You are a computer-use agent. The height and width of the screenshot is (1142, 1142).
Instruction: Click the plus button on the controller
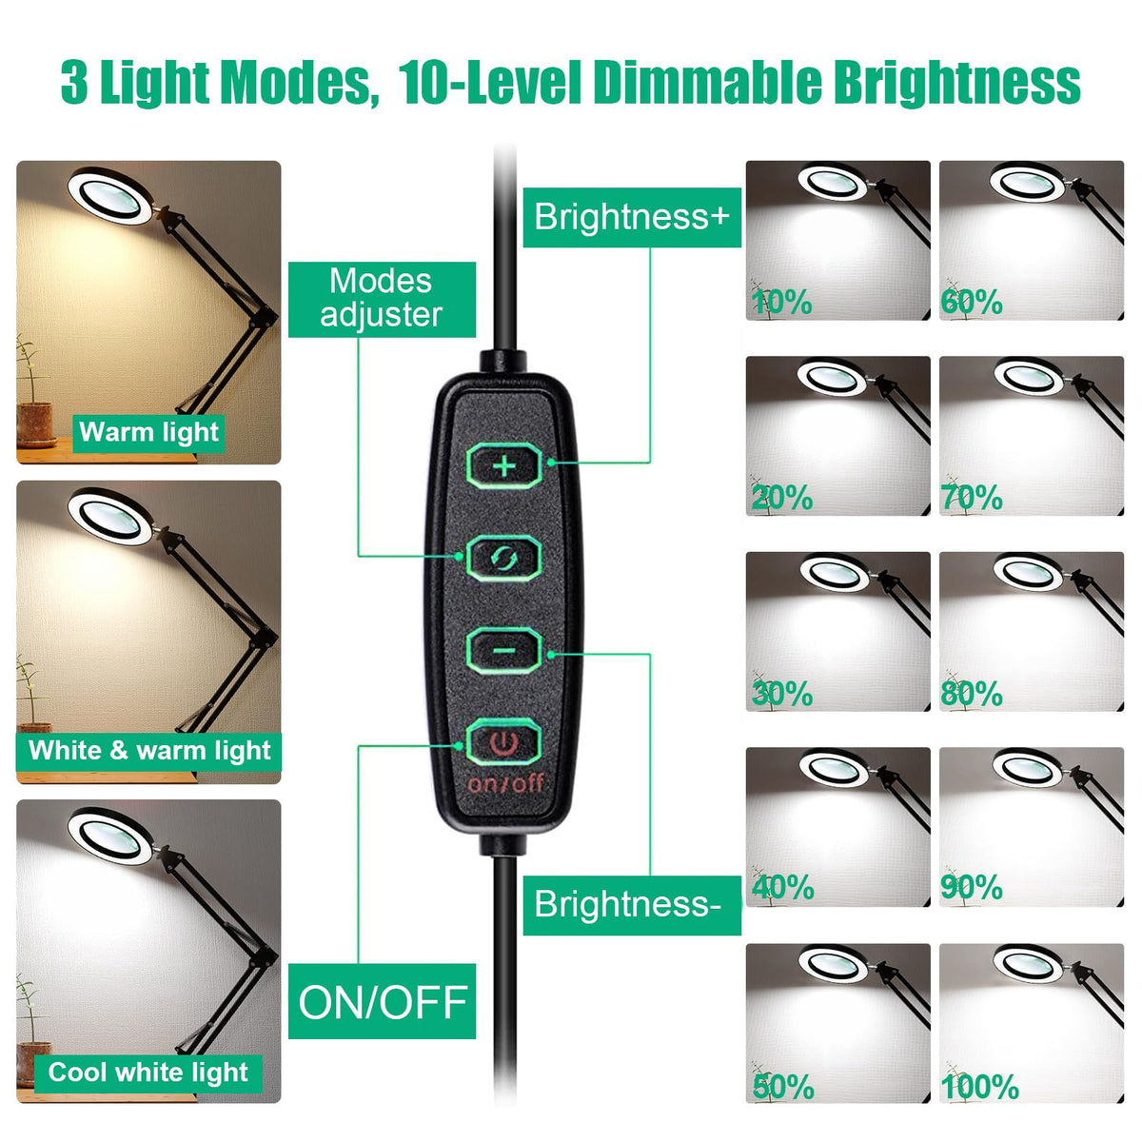pos(503,466)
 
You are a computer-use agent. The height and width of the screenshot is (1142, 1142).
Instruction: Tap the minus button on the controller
pos(503,651)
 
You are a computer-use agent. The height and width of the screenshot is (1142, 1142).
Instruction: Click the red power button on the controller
pos(503,741)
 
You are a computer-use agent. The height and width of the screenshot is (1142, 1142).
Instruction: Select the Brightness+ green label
pos(632,218)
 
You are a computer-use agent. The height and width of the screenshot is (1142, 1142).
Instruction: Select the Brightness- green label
pos(632,905)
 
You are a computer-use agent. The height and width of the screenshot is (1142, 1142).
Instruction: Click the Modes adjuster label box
pos(382,299)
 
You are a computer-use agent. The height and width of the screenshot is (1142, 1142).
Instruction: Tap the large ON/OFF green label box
pos(382,1001)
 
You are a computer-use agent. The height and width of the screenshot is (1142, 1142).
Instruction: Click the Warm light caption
pos(148,432)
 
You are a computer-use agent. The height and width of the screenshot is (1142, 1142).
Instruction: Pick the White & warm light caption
pos(148,751)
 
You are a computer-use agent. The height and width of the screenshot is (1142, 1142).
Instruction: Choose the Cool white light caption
pos(148,1073)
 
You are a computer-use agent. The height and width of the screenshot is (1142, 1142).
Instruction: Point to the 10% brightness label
pos(781,304)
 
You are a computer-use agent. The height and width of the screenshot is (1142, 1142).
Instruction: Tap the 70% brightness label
pos(972,498)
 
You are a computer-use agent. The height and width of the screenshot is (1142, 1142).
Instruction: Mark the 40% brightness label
pos(783,887)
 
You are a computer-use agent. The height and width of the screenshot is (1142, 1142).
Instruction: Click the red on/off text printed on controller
pos(505,784)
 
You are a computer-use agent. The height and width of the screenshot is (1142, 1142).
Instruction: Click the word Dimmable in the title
pos(708,82)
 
